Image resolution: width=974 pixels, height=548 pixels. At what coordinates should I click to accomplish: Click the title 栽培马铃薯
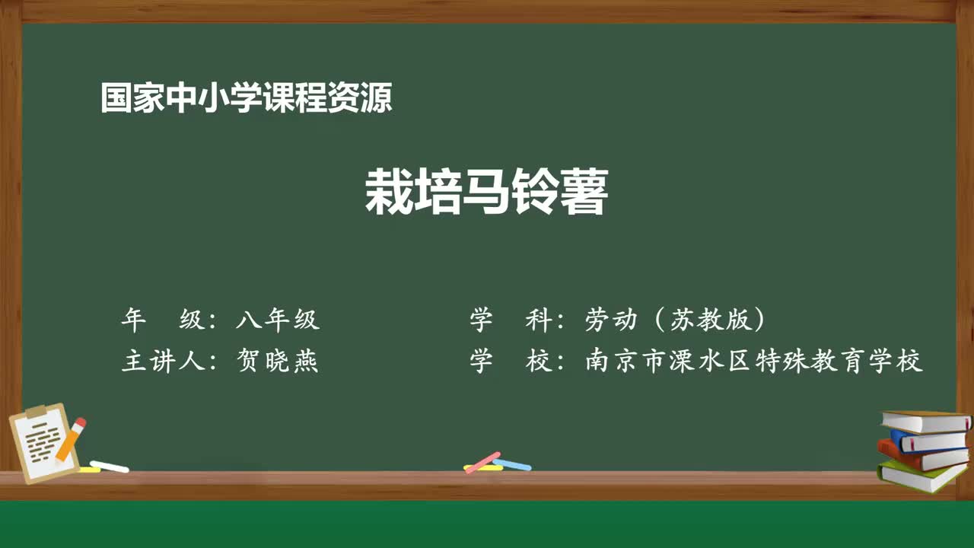486,193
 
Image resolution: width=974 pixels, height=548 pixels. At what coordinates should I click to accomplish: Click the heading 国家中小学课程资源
246,99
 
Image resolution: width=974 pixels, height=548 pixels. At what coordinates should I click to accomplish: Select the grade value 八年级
278,320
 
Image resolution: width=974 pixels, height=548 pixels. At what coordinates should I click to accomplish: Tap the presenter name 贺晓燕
278,361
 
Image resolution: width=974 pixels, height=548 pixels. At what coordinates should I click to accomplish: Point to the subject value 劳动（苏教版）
675,320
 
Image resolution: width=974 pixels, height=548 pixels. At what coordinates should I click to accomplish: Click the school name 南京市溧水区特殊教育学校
753,361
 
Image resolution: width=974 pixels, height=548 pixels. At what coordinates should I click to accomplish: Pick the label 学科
511,320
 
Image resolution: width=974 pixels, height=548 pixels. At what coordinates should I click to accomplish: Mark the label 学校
511,361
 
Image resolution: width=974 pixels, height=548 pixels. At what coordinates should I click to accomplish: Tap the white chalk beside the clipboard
109,466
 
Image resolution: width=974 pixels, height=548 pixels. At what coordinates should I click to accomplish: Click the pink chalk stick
482,462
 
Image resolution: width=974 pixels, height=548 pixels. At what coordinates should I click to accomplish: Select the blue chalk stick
513,464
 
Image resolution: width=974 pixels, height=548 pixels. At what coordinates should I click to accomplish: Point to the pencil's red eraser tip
80,422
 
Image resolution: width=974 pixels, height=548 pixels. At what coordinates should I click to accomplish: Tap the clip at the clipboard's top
35,412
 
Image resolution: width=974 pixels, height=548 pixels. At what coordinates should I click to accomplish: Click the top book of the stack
925,421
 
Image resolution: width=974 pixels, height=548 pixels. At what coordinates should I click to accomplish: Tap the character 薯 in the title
583,193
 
